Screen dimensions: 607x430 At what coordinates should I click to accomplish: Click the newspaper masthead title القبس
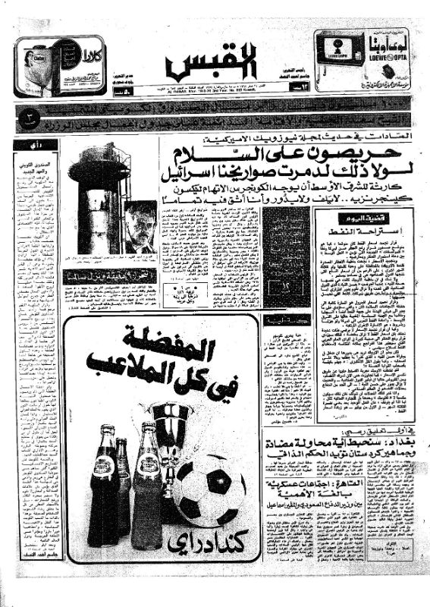coord(214,64)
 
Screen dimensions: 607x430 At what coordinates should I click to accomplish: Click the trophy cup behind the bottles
coord(171,425)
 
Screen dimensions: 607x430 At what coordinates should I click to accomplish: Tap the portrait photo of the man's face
coord(139,226)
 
